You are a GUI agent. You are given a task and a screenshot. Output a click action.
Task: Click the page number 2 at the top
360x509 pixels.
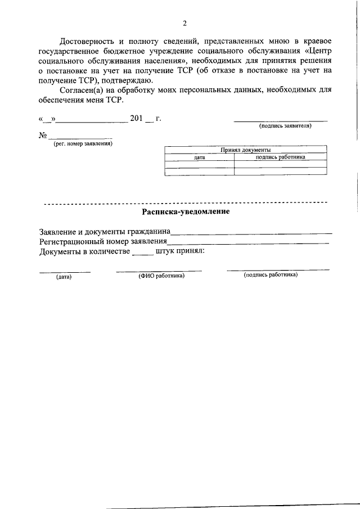tap(184, 23)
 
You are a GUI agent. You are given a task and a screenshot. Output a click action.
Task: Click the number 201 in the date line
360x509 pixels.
tap(137, 119)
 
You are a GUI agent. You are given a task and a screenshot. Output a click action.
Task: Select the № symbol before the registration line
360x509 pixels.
tap(42, 136)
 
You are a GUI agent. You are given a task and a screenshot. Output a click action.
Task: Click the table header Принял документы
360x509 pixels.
tap(245, 150)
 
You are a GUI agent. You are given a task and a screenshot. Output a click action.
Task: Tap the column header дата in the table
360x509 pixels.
tap(200, 157)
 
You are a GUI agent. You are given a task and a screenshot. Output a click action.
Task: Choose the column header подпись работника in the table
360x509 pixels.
tap(280, 157)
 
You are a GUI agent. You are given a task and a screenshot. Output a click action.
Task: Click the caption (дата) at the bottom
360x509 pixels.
tap(64, 276)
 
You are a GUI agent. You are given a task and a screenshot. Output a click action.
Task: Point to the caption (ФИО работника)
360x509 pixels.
tap(162, 276)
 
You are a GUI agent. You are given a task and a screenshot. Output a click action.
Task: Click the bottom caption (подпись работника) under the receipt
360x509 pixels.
tap(271, 275)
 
